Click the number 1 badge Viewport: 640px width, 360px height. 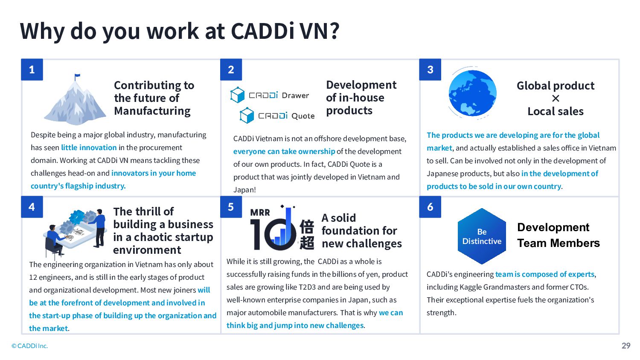(32, 70)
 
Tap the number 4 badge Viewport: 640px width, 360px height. (32, 207)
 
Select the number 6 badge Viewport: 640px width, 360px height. (430, 207)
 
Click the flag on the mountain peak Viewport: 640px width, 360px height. (77, 77)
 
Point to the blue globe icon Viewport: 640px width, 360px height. (473, 93)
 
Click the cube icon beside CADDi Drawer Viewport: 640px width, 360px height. (237, 95)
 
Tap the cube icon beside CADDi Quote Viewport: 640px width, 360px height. (247, 115)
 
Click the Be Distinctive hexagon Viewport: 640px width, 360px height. (482, 236)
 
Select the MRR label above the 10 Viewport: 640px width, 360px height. (260, 212)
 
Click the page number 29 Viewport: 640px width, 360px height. (626, 346)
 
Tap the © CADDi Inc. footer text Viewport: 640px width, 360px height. (29, 346)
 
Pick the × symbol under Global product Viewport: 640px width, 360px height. (556, 99)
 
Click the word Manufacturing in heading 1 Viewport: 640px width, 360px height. (152, 111)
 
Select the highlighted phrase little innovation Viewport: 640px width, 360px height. (89, 148)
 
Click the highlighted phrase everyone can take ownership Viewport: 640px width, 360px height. (284, 151)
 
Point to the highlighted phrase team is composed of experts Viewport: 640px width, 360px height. (545, 274)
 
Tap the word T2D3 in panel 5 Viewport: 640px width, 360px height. (308, 287)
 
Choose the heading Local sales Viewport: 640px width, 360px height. (556, 111)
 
